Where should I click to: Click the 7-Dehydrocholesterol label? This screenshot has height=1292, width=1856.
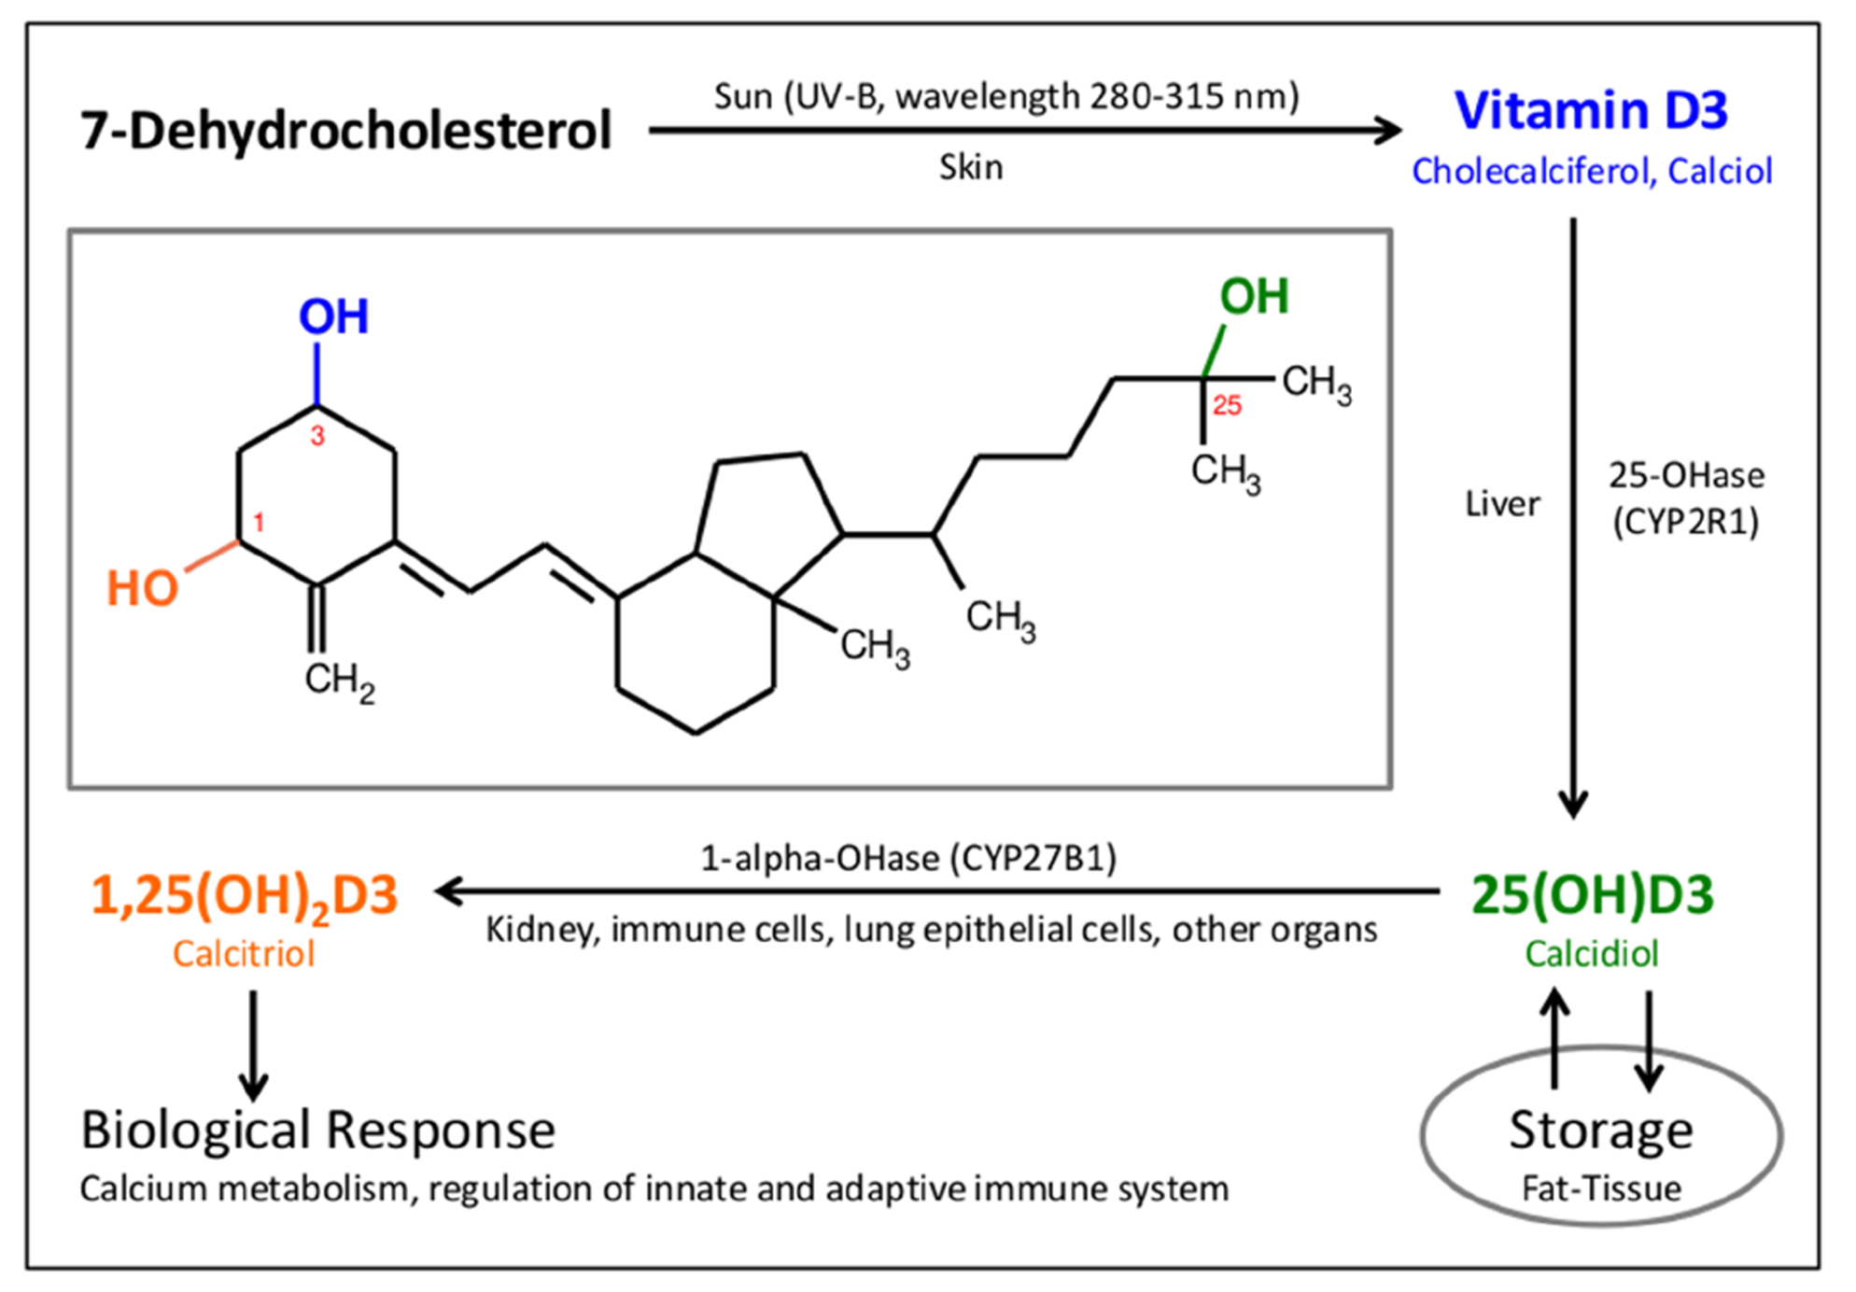click(x=345, y=131)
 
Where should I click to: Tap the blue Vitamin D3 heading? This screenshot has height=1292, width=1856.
click(x=1591, y=110)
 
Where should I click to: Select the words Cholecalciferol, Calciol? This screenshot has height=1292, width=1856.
click(x=1592, y=172)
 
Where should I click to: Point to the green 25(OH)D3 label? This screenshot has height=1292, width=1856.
click(x=1593, y=894)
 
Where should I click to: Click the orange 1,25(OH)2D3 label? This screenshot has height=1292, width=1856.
click(x=245, y=896)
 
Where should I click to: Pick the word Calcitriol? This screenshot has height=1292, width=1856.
click(x=244, y=954)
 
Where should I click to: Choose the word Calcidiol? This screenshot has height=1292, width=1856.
click(x=1592, y=954)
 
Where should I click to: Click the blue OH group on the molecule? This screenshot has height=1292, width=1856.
click(x=333, y=316)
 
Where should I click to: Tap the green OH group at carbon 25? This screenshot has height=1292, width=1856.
click(x=1254, y=296)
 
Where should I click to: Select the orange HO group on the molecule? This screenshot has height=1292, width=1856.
click(x=142, y=589)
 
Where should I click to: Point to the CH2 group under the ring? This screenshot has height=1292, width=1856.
click(x=340, y=682)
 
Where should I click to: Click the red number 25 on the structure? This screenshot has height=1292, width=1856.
click(x=1227, y=405)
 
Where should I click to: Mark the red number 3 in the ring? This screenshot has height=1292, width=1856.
click(x=317, y=436)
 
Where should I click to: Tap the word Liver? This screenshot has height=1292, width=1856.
click(x=1502, y=504)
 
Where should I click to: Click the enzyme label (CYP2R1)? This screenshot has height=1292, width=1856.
click(x=1686, y=522)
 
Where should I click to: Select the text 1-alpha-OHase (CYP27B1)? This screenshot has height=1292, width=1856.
click(x=908, y=858)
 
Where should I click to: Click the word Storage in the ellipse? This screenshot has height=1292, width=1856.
click(x=1601, y=1130)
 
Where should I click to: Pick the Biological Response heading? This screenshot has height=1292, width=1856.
click(x=317, y=1130)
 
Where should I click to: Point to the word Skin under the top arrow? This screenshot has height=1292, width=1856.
click(x=971, y=168)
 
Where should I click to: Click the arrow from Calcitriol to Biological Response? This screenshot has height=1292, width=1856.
click(x=253, y=1046)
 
